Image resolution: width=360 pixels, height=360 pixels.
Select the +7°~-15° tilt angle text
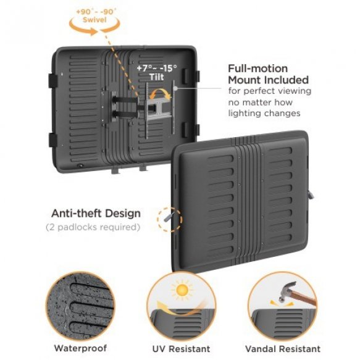click(156, 67)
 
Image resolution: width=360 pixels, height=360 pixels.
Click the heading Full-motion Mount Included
click(267, 74)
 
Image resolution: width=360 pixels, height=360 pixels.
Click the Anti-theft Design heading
click(96, 214)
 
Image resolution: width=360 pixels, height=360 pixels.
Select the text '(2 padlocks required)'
click(93, 227)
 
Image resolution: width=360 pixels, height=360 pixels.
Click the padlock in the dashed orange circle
click(167, 217)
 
